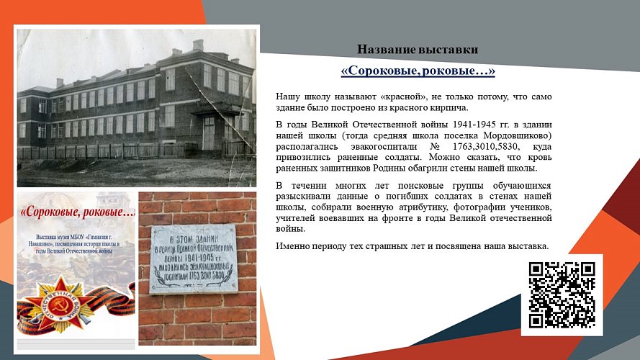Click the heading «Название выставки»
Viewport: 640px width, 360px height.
tap(417, 50)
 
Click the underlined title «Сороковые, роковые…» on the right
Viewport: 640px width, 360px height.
tap(418, 72)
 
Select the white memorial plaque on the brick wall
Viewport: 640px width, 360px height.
tap(194, 257)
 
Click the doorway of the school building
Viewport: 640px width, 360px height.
tap(209, 133)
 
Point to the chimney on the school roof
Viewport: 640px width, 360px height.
tap(198, 45)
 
